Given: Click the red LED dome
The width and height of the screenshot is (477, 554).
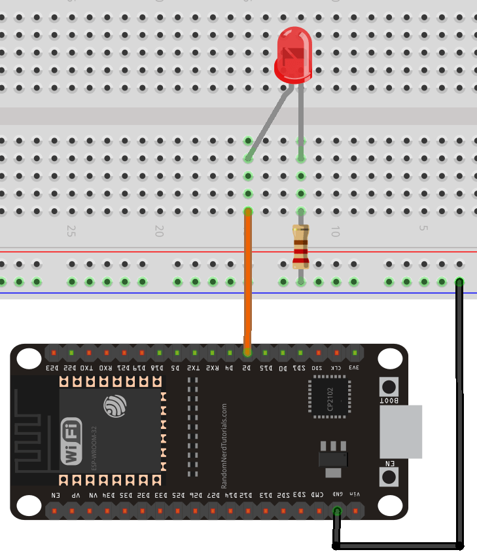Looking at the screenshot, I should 292,54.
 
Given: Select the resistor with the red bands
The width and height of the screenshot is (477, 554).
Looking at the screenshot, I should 300,247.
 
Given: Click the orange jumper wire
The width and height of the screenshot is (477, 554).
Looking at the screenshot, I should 248,282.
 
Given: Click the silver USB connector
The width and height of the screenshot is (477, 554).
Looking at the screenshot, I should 400,432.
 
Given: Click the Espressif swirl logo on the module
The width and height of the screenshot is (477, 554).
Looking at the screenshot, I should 115,406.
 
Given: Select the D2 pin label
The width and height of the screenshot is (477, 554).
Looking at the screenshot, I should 247,368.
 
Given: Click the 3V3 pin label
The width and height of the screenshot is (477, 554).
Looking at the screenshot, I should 355,368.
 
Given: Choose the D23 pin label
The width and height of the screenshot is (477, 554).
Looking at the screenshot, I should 53,368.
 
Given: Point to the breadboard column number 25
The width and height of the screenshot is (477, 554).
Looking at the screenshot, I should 71,231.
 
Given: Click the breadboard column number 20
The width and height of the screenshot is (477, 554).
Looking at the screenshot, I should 158,231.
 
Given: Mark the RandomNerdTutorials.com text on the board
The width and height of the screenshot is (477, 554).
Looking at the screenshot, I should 224,445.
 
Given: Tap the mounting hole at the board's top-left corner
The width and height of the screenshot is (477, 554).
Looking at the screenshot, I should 29,358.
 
